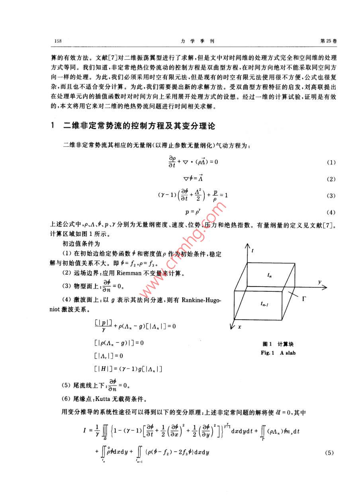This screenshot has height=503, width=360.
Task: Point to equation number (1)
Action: click(331, 163)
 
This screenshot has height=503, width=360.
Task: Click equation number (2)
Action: click(331, 179)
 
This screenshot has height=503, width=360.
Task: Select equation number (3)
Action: click(331, 196)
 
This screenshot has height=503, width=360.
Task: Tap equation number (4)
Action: click(331, 212)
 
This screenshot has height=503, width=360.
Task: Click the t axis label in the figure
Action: click(252, 251)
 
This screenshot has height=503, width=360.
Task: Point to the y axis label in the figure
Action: click(319, 281)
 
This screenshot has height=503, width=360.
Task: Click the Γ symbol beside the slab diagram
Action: click(303, 298)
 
